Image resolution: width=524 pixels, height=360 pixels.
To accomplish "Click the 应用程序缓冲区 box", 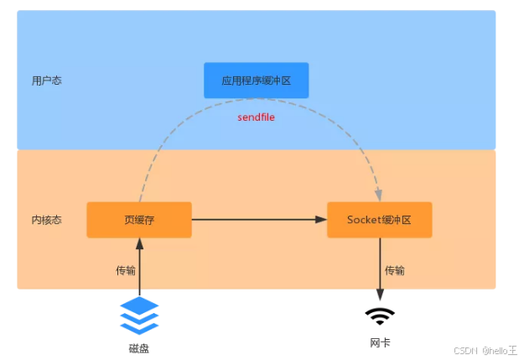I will (x=256, y=81).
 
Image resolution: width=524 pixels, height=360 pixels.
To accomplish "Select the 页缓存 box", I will (x=139, y=220).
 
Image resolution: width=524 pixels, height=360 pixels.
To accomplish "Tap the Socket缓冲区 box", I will (x=379, y=220).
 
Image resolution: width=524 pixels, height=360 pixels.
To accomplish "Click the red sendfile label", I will (x=256, y=117).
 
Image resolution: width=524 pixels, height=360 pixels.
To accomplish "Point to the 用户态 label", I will (x=46, y=81).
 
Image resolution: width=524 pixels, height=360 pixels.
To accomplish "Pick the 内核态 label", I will (x=46, y=220).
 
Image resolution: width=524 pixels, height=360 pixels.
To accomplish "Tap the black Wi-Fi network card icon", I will (x=380, y=316).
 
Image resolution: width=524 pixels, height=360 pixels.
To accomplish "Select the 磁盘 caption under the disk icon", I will (x=139, y=347).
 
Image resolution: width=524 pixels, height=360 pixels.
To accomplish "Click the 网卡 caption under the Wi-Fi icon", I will (x=380, y=343).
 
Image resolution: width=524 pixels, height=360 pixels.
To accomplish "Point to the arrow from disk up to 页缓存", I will (x=139, y=269).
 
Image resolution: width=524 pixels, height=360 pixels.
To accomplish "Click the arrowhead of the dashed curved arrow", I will (x=378, y=195).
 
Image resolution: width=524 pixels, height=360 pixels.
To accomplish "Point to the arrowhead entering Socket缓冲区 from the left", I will (x=321, y=220).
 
